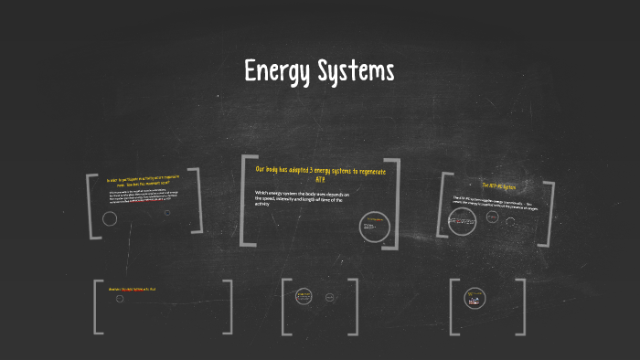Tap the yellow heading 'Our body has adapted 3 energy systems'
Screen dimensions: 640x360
coord(320,170)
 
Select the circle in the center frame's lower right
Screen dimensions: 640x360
coord(374,228)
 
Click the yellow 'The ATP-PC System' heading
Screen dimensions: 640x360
coord(499,186)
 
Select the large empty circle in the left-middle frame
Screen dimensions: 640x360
coord(110,218)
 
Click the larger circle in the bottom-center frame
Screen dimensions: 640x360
coord(304,296)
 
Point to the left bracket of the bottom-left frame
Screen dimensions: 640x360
coord(97,305)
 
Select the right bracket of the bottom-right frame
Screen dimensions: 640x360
coord(522,305)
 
